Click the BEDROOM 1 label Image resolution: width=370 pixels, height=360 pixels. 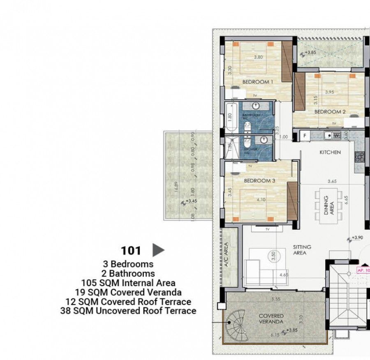coord(258,82)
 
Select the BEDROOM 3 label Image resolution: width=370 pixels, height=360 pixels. coord(259,180)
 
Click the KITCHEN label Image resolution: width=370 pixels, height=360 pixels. coord(331,152)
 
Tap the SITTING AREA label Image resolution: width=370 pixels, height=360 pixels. coord(302,250)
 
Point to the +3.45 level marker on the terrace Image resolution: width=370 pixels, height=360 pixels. coord(190,201)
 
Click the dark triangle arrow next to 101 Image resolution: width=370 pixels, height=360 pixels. coord(158,250)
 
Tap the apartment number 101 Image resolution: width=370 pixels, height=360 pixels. coord(131,250)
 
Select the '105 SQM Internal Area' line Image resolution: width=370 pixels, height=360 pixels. coord(128,283)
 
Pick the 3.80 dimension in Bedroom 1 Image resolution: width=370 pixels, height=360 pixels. coord(258,57)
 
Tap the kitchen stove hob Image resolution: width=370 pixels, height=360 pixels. coord(360,157)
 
